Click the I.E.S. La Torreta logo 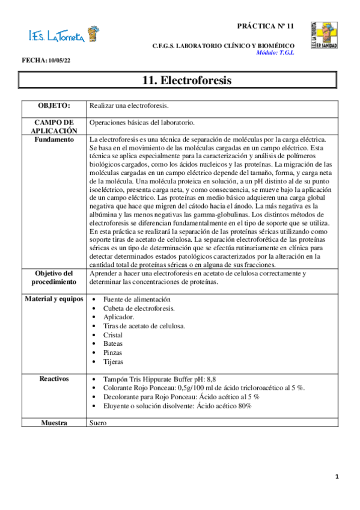[63, 35]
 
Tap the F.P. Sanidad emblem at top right [323, 35]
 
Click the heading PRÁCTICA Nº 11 [265, 27]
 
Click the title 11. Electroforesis [178, 80]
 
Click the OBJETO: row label [54, 106]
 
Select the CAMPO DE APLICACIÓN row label [54, 126]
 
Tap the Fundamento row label [54, 140]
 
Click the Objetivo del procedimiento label [54, 277]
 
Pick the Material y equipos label [54, 299]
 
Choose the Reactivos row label [54, 379]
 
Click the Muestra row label [54, 423]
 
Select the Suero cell [98, 423]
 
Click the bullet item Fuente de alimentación [137, 299]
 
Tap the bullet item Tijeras [113, 362]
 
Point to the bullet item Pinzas [113, 353]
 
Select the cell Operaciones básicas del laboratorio [142, 122]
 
